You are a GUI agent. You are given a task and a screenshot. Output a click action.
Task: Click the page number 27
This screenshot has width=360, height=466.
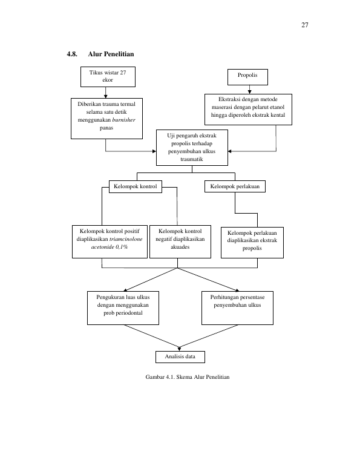coord(305,25)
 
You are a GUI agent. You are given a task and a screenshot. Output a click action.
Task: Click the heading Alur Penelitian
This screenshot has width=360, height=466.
coord(111,54)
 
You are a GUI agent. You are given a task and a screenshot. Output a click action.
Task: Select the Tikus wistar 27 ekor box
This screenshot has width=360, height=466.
coord(108,77)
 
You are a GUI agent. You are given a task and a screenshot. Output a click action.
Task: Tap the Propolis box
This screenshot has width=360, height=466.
coord(247,77)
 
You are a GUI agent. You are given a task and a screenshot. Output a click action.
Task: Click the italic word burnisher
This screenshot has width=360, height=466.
coord(124,120)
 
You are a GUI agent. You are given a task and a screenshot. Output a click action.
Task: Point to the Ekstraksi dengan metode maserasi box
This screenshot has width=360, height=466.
coord(248,110)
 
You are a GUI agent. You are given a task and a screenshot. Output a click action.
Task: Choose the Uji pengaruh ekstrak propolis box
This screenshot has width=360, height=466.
coord(192,148)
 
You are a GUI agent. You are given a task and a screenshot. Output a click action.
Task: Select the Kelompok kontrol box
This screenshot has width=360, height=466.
coord(136,186)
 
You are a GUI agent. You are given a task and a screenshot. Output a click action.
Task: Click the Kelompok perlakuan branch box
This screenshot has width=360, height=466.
coord(235,186)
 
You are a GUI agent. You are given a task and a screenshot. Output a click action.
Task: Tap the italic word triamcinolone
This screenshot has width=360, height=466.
coord(126,239)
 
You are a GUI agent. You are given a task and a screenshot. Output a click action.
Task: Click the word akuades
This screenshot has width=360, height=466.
coord(180,247)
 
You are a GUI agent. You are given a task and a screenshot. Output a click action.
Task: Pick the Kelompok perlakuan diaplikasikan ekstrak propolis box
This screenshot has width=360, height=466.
coord(252,243)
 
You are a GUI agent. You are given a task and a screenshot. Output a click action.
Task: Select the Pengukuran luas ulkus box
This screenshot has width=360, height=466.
coord(123,308)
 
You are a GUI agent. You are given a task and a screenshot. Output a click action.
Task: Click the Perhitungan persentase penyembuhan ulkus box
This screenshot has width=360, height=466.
coord(237,308)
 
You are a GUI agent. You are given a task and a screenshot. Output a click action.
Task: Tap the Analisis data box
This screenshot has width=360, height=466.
coord(180,357)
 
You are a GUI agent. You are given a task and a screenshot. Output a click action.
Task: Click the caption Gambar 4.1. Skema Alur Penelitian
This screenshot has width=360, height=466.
coord(188,377)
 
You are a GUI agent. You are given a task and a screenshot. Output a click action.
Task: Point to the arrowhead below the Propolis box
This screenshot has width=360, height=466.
coord(249,92)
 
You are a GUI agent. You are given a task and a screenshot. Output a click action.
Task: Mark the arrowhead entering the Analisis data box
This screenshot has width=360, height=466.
coord(180,349)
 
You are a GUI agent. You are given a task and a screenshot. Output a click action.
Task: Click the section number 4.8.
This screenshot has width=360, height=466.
coord(72,54)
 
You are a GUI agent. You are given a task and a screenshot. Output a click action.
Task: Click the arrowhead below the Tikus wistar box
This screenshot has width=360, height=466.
coord(105,96)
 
